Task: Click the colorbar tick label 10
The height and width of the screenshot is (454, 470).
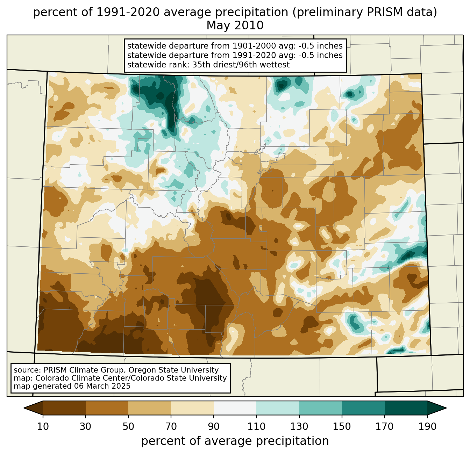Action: pyautogui.click(x=43, y=426)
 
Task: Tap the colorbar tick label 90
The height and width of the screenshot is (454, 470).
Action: pyautogui.click(x=214, y=426)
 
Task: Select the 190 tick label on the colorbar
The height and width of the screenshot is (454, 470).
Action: pyautogui.click(x=427, y=426)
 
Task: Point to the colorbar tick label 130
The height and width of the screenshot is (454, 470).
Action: pyautogui.click(x=299, y=426)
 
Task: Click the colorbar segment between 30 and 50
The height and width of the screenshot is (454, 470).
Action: pyautogui.click(x=107, y=408)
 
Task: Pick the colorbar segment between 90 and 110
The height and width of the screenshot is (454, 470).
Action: pyautogui.click(x=235, y=408)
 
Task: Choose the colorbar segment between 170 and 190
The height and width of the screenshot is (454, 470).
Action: pyautogui.click(x=406, y=408)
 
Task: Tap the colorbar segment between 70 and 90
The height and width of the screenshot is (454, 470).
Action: pyautogui.click(x=192, y=408)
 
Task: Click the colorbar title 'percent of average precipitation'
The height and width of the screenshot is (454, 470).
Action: pyautogui.click(x=235, y=441)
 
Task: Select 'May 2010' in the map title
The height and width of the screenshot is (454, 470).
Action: pyautogui.click(x=235, y=26)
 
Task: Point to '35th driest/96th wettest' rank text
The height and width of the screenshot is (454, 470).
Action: pyautogui.click(x=241, y=65)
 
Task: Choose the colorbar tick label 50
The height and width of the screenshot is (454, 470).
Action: pyautogui.click(x=128, y=426)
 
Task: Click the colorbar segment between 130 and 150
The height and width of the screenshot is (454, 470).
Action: pyautogui.click(x=321, y=408)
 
